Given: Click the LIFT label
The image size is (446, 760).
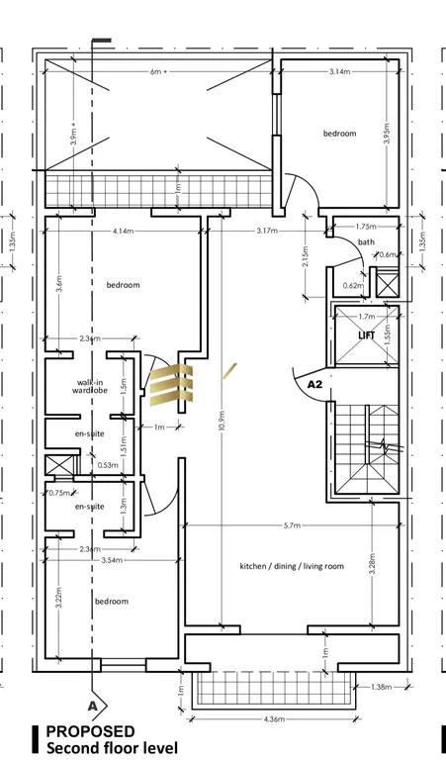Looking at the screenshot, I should [x=367, y=335].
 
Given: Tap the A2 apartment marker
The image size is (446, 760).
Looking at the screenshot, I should [x=316, y=382].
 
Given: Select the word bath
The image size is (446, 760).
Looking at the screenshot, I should [x=366, y=241].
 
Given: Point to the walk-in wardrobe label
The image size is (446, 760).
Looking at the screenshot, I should [x=90, y=386].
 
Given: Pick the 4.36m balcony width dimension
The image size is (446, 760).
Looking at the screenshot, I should [x=272, y=718].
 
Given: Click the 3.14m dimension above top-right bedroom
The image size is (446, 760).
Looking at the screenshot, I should [x=341, y=73].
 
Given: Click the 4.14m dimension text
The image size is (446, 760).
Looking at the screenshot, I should [x=124, y=232].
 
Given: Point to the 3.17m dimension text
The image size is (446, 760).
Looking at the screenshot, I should [x=265, y=232].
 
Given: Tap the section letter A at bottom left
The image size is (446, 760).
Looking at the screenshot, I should [x=93, y=706].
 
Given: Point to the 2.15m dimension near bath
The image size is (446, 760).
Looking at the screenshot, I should [x=307, y=264].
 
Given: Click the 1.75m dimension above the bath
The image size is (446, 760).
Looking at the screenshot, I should [x=366, y=227].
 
